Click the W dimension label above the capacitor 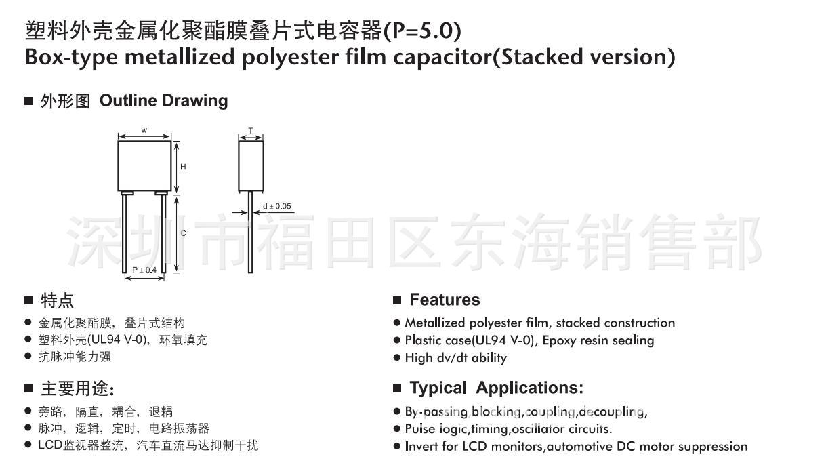[x=144, y=129]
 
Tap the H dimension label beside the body [x=183, y=167]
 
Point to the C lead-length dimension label [x=183, y=233]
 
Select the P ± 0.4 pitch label [x=144, y=270]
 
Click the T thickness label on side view [x=251, y=129]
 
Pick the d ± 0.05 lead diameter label [x=276, y=206]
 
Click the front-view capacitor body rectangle [x=144, y=166]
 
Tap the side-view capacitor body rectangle [x=251, y=166]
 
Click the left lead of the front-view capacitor [x=125, y=233]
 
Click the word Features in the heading [x=445, y=300]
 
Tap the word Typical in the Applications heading [x=438, y=388]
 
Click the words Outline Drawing [x=163, y=101]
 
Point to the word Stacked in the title [x=540, y=57]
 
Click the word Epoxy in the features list [x=560, y=340]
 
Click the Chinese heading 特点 [x=58, y=300]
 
